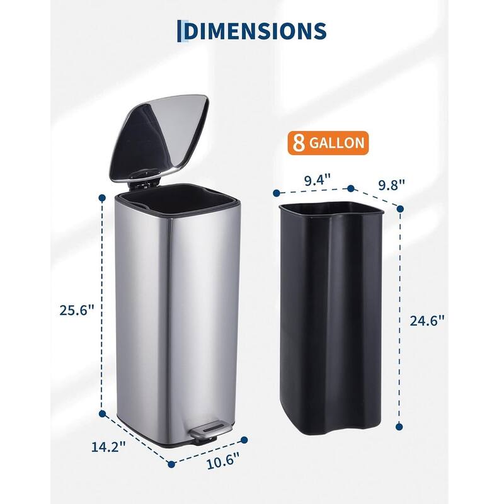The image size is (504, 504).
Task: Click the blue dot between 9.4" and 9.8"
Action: tap(351, 188)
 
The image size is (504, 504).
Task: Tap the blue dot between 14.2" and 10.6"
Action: tap(171, 464)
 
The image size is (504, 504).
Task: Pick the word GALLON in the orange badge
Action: tap(337, 143)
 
